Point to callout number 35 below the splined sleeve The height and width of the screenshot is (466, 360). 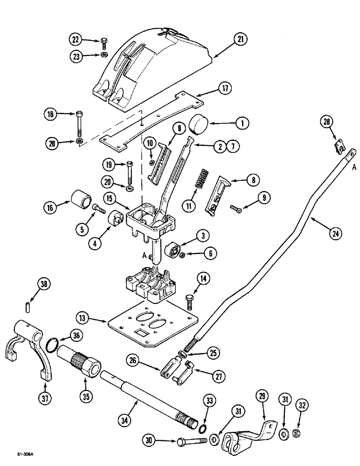[87, 396]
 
